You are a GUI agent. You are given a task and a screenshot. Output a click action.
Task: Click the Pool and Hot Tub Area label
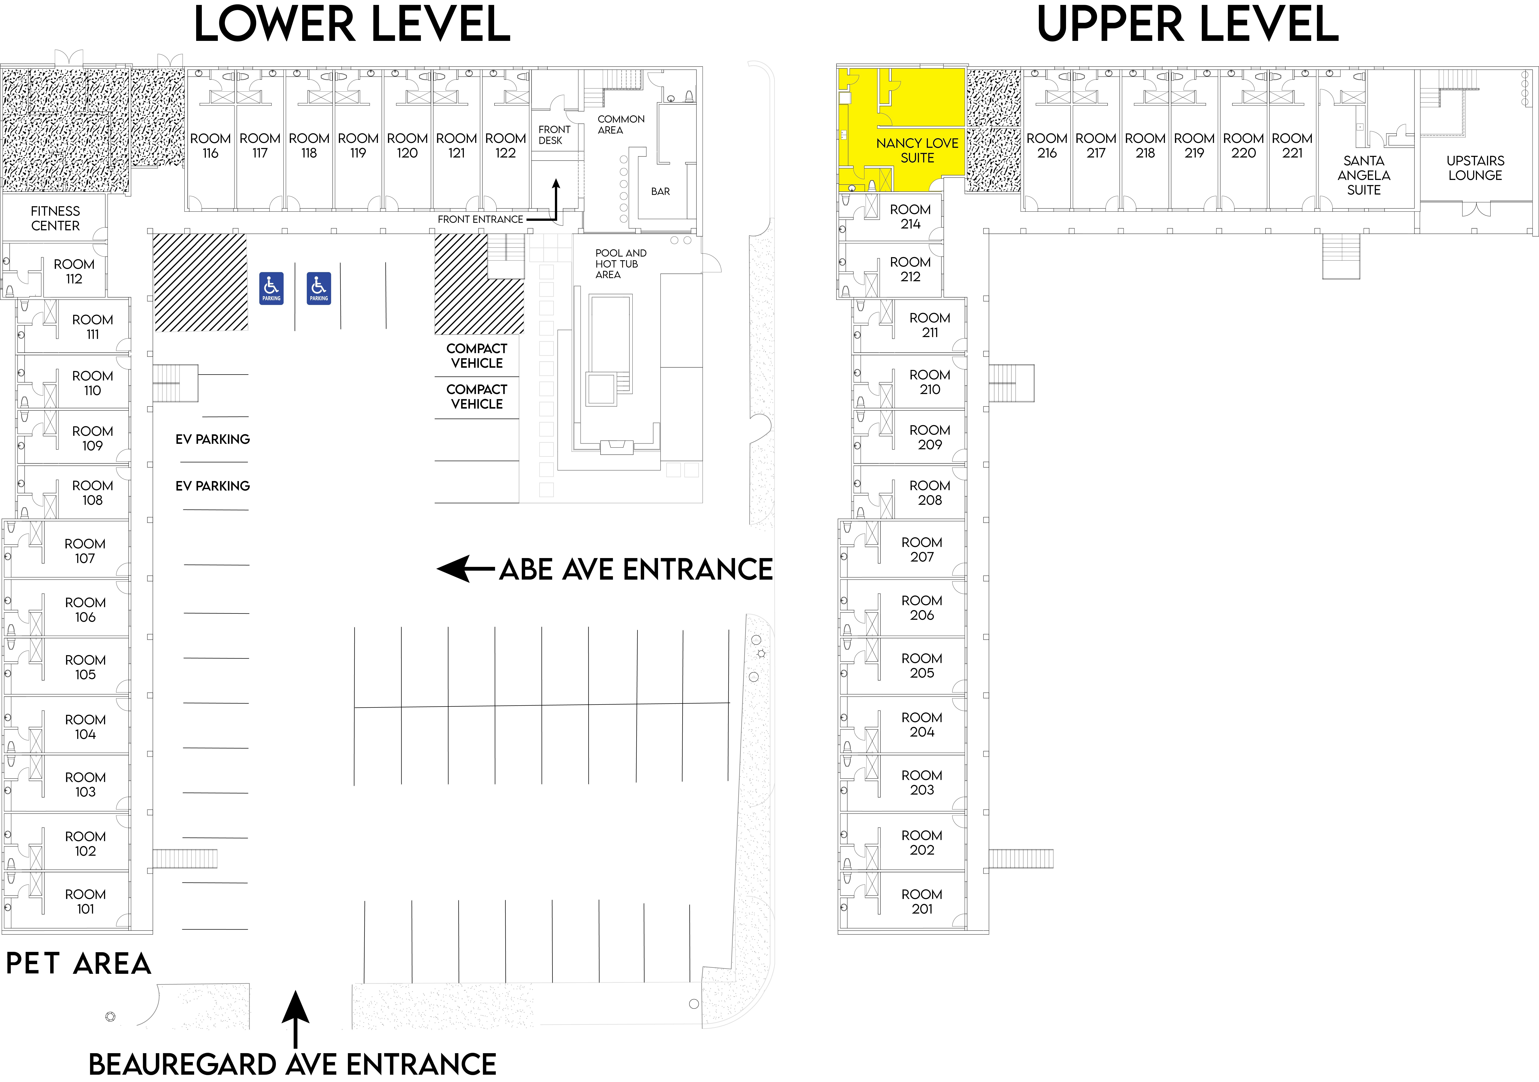click(621, 264)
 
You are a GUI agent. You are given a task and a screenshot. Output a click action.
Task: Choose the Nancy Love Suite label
click(917, 150)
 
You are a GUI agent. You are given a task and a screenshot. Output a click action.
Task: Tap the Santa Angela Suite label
click(1364, 175)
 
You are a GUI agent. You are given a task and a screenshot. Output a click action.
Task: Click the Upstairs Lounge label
click(1475, 168)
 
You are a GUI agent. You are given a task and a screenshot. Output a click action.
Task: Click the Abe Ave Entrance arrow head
click(453, 568)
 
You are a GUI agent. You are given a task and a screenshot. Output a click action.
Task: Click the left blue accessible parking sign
click(272, 288)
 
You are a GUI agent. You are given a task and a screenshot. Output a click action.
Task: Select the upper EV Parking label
click(212, 439)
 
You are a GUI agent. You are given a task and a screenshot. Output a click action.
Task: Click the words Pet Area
click(78, 963)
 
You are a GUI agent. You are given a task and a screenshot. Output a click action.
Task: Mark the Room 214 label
click(910, 217)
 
